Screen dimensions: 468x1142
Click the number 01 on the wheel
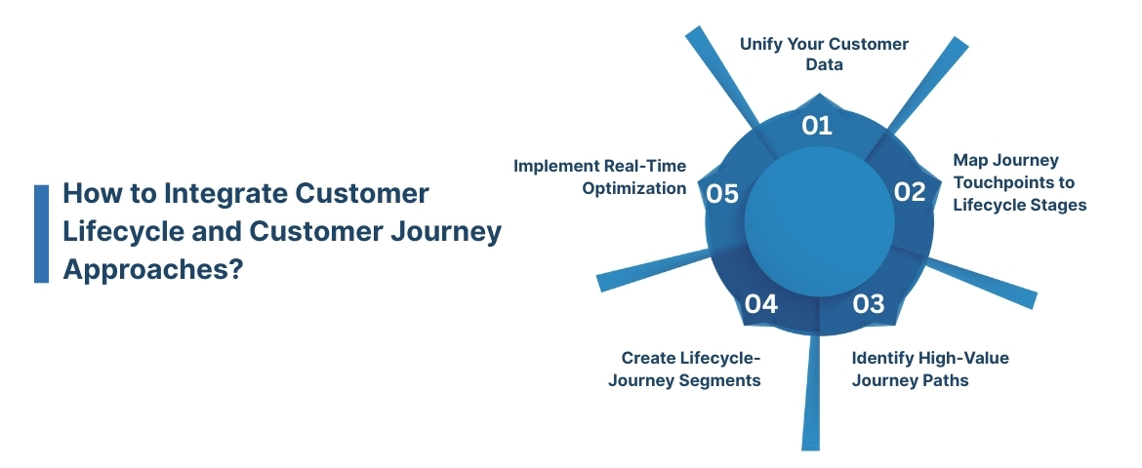click(816, 126)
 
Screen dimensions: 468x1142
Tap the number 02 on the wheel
click(909, 192)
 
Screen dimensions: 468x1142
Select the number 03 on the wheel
click(868, 304)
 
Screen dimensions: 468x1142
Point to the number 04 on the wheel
click(760, 304)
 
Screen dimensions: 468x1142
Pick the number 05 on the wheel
click(721, 194)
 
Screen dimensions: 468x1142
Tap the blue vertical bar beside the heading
click(41, 233)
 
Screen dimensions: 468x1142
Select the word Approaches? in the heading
click(152, 270)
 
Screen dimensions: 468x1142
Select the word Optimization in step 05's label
click(634, 188)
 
